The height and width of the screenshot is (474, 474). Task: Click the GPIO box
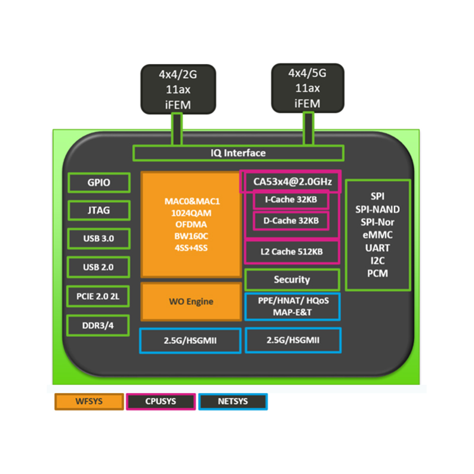point(98,182)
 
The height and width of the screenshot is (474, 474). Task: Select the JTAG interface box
point(98,210)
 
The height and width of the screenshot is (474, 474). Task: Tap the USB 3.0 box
point(98,239)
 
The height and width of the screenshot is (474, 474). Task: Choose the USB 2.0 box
point(98,267)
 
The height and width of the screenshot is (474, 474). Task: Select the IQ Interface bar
point(238,153)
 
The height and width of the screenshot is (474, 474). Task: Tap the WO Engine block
point(190,302)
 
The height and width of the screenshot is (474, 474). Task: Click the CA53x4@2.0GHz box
point(290,181)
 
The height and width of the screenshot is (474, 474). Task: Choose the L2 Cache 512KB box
point(292,252)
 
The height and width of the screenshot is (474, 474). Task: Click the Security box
point(292,280)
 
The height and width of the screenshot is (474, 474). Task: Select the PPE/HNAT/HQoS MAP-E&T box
point(293,306)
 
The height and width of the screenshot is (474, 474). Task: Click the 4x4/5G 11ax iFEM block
point(307,88)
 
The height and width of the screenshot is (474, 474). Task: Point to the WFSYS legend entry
point(89,401)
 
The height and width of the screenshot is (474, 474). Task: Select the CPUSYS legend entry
point(161,401)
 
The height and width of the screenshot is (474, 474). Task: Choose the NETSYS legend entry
point(233,401)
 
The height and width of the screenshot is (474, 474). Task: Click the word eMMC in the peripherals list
point(377,235)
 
